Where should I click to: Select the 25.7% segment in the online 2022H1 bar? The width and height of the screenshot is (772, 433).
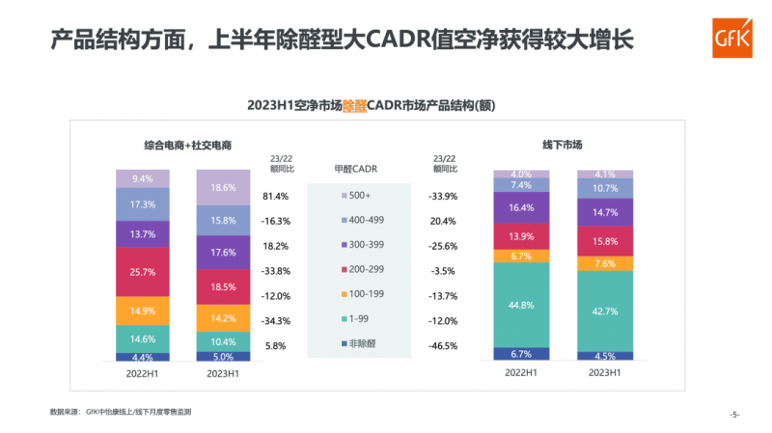143,272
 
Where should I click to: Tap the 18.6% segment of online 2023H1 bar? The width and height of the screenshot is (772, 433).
223,187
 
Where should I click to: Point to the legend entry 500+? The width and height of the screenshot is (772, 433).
361,196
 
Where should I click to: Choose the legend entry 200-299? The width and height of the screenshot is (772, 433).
367,271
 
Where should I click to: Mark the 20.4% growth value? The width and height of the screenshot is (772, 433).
443,221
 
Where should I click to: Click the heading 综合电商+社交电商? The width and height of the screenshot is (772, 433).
182,146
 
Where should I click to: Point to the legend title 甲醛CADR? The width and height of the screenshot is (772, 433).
360,168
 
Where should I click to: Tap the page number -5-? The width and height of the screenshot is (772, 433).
734,415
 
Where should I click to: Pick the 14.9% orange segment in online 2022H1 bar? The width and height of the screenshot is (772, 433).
143,311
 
